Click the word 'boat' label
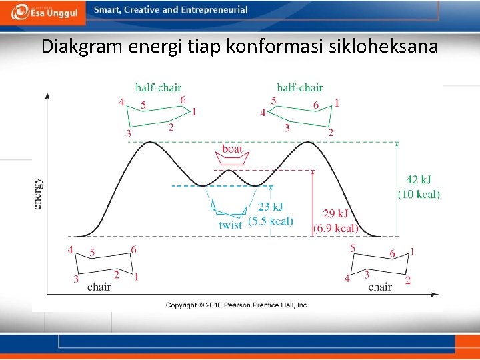(232, 149)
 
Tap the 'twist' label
(230, 225)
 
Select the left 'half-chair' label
(159, 87)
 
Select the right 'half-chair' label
(300, 87)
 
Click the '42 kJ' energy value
(419, 179)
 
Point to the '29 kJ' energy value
(336, 213)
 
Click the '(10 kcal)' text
(419, 194)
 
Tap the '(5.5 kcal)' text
(271, 221)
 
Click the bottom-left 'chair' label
(99, 287)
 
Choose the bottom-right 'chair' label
(379, 287)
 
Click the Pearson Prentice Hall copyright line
(237, 305)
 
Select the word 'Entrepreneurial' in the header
(215, 10)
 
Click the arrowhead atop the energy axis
(47, 95)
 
